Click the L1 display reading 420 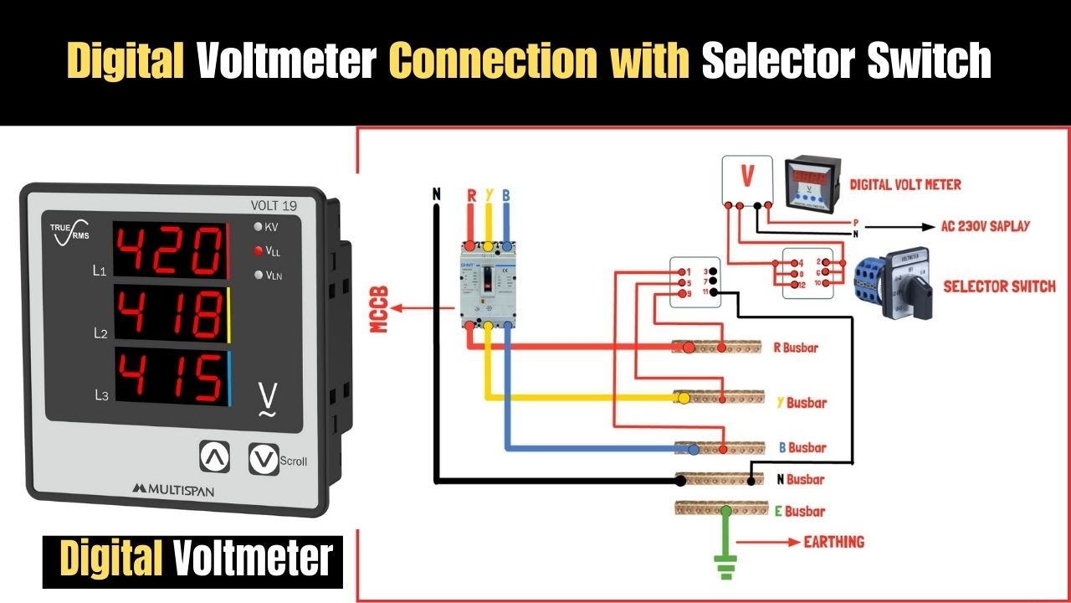coord(169,250)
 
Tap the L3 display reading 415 coord(169,376)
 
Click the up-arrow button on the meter coord(214,456)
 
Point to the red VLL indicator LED coord(258,250)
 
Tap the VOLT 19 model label coord(274,204)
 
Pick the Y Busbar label coord(801,403)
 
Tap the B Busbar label coord(802,447)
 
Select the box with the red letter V coord(747,178)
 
